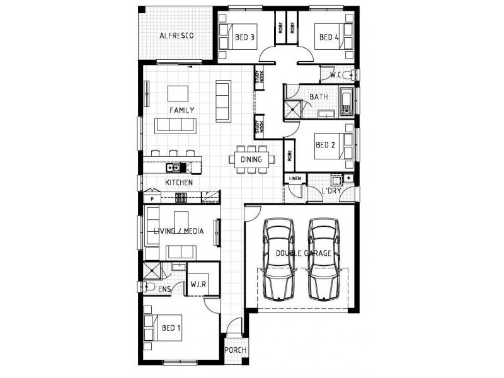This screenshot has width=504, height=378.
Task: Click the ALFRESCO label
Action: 176,35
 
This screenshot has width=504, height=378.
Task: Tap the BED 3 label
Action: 244,38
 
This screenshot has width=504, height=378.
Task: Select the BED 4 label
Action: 329,38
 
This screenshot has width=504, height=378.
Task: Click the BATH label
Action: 318,97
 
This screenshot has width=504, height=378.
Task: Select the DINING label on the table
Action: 251,159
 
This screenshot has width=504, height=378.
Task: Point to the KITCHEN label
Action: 178,183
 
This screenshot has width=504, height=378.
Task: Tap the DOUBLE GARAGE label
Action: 303,253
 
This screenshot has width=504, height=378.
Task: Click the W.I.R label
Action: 200,284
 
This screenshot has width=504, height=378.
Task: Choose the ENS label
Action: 164,289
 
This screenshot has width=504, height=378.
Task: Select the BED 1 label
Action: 171,328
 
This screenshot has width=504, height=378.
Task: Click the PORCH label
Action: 234,351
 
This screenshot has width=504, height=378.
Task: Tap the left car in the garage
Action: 279,258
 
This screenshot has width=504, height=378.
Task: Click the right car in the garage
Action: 323,258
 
